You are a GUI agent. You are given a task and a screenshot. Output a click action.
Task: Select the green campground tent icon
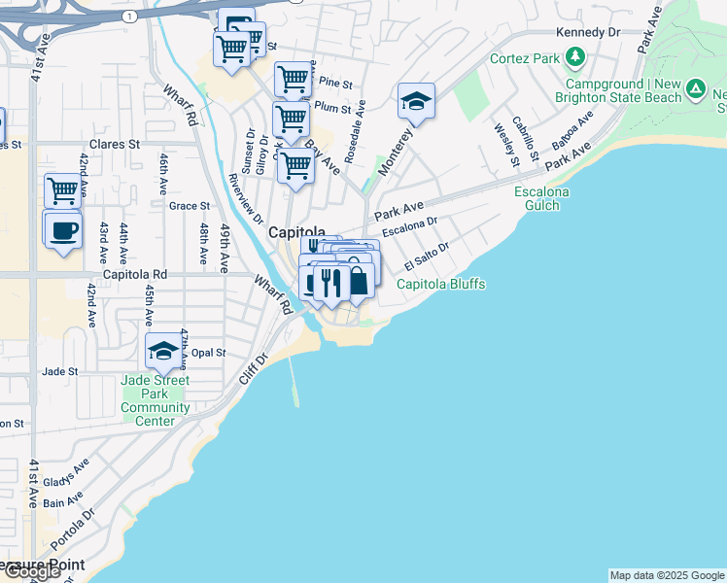[x=696, y=90]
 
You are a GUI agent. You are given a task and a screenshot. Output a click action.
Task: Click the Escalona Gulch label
[x=542, y=199]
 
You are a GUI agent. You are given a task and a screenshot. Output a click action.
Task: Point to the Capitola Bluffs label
[x=440, y=285]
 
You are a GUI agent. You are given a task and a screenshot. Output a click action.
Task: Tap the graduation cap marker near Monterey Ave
[x=416, y=101]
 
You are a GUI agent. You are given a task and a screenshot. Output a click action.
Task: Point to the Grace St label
[x=189, y=206]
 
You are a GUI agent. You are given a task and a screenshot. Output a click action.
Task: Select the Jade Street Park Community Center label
[x=156, y=401]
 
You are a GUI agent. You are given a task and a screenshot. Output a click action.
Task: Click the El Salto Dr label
[x=427, y=257]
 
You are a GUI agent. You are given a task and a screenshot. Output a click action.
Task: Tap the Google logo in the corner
[x=31, y=571]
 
